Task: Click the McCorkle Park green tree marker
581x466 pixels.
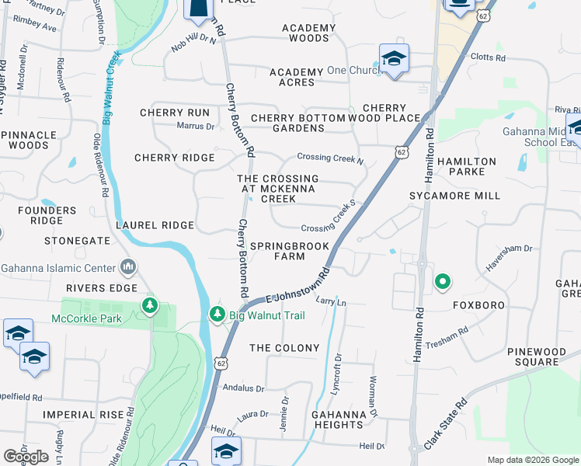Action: (x=150, y=306)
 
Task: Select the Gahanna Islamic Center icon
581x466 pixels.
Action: (x=128, y=269)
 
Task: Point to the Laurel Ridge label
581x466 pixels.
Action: (x=154, y=225)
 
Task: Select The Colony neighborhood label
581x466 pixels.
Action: (x=284, y=348)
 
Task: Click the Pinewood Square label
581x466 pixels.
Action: (x=533, y=357)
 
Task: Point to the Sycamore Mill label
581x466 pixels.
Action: (x=455, y=196)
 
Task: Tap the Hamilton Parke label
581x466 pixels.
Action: (x=466, y=166)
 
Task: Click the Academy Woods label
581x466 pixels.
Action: (x=309, y=33)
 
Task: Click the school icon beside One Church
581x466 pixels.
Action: (x=394, y=59)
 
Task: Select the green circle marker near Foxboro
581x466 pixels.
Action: (x=443, y=281)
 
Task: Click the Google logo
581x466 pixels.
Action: (x=26, y=457)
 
